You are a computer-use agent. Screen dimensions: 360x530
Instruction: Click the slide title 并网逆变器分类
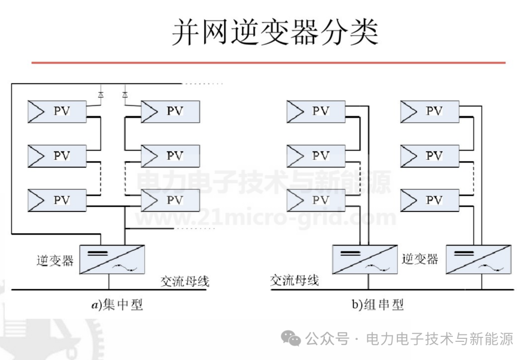point(275,33)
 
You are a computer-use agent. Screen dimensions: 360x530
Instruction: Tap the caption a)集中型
point(116,305)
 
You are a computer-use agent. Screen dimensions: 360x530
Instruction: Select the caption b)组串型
point(377,305)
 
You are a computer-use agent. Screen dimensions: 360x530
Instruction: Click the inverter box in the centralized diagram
point(112,259)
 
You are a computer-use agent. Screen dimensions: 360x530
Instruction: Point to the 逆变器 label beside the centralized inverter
point(54,260)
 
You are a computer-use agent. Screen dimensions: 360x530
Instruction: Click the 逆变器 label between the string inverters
point(420,258)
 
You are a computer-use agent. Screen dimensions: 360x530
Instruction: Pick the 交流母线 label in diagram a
point(185,282)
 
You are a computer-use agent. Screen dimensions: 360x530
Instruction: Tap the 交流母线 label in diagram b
point(294,281)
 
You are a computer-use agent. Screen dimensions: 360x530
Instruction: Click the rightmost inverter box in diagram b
point(478,259)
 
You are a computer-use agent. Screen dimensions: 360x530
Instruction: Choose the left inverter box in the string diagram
point(364,259)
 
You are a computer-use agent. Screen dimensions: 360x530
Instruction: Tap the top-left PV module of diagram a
point(57,111)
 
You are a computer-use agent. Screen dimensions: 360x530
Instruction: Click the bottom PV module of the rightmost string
point(429,200)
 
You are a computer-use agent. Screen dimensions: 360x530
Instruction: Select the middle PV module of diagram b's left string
point(316,156)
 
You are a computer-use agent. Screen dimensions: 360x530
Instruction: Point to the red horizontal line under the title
point(268,63)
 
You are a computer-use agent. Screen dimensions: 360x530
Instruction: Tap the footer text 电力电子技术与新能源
point(439,338)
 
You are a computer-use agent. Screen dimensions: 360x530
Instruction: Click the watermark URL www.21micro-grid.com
point(265,218)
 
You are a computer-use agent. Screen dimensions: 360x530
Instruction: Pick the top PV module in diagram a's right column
point(170,111)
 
